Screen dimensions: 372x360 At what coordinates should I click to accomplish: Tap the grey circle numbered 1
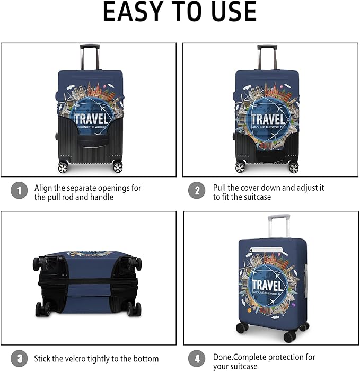click(x=19, y=191)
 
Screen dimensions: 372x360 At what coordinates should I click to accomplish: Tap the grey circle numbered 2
click(x=197, y=191)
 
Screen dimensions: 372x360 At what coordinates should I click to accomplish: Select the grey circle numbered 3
click(x=19, y=359)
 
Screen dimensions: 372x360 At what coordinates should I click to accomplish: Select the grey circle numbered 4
click(x=197, y=359)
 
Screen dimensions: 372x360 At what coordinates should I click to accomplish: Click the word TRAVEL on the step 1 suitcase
click(x=91, y=118)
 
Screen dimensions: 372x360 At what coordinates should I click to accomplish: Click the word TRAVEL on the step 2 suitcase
click(x=268, y=119)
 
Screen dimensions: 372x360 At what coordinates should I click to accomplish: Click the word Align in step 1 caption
click(x=44, y=188)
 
